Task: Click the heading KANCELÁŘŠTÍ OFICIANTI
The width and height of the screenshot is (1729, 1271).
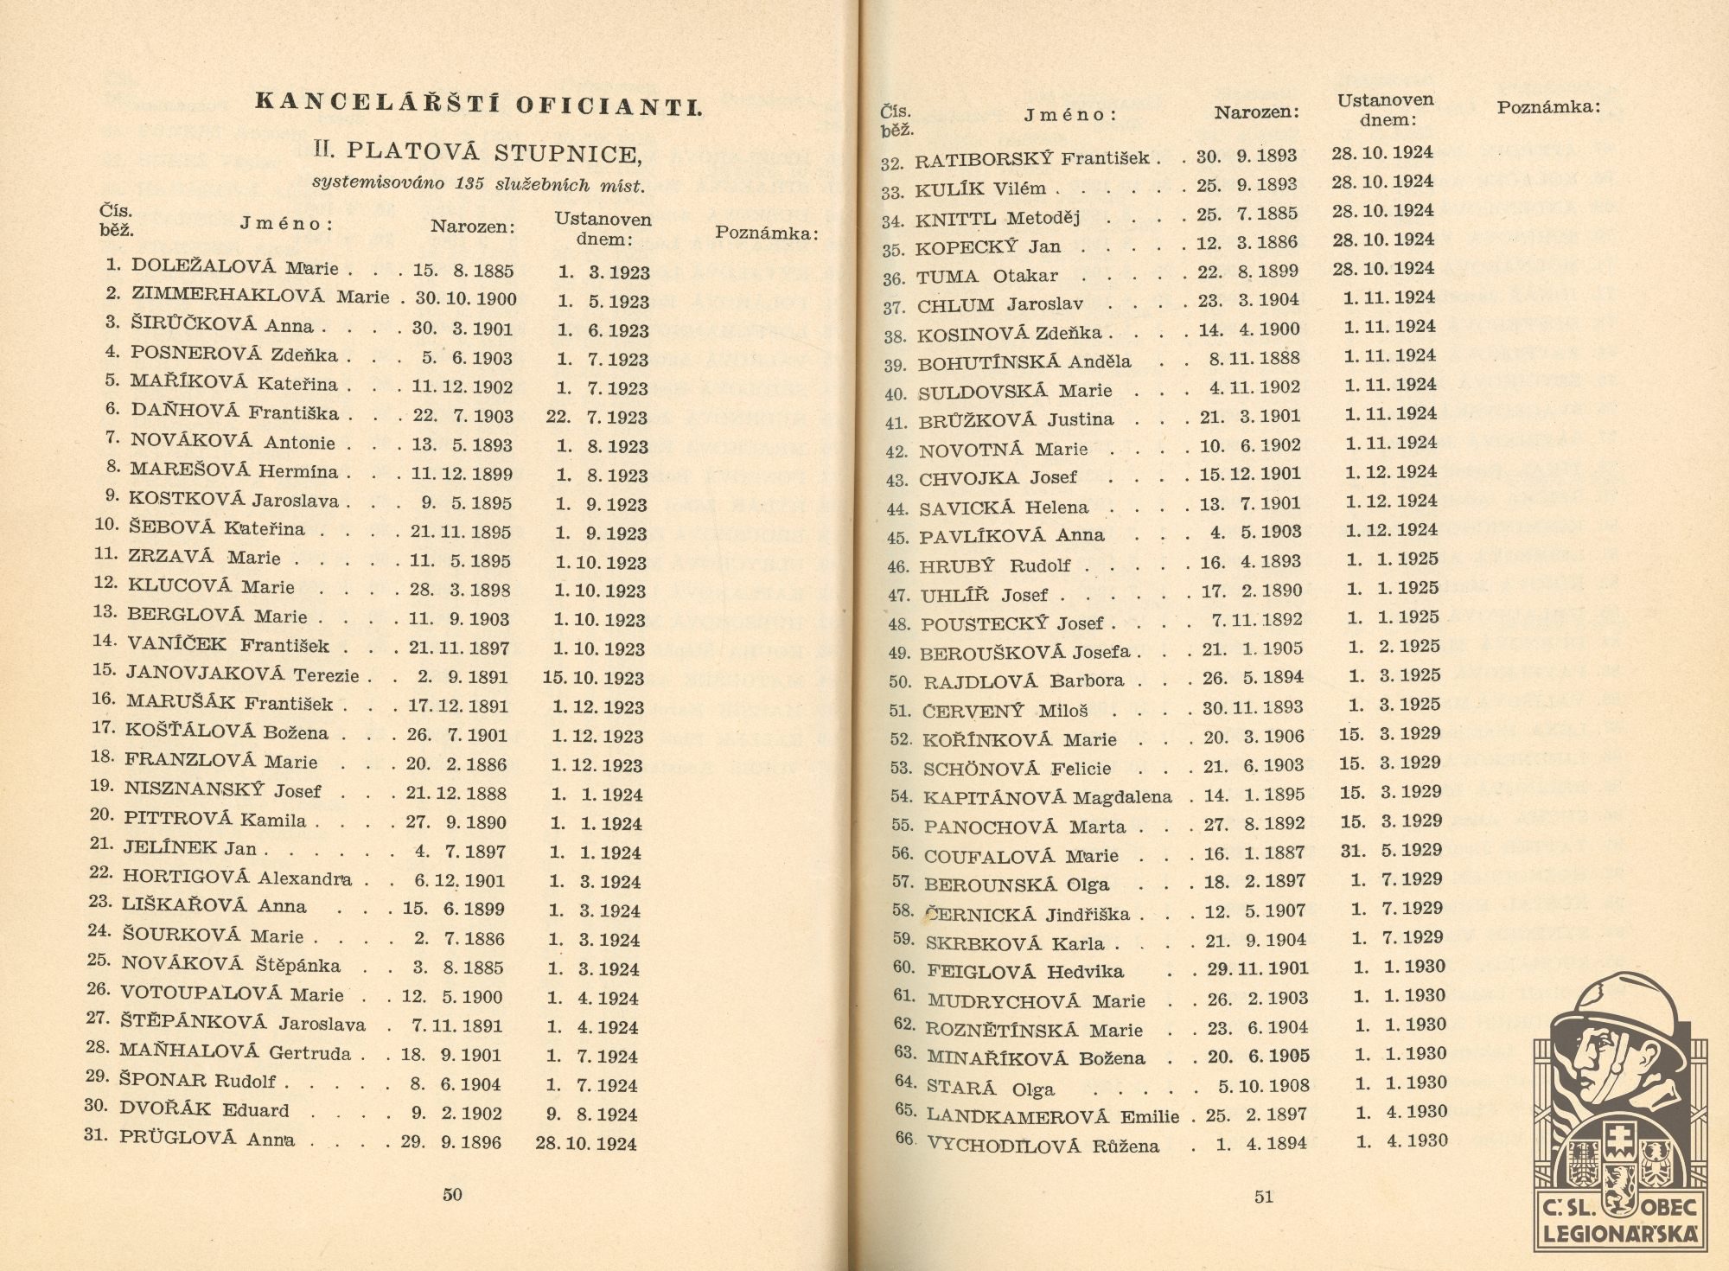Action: pyautogui.click(x=478, y=105)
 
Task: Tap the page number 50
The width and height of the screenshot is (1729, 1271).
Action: pyautogui.click(x=452, y=1194)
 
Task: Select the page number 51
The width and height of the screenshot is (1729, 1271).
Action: pyautogui.click(x=1264, y=1197)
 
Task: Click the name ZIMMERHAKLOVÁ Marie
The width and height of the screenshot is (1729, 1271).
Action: pyautogui.click(x=260, y=296)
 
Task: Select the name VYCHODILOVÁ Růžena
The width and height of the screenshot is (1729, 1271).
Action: pyautogui.click(x=1043, y=1146)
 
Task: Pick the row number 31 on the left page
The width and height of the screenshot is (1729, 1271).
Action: pyautogui.click(x=96, y=1134)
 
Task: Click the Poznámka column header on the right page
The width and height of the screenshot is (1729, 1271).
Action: pyautogui.click(x=1548, y=107)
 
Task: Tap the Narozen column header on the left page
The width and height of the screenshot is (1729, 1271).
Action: pyautogui.click(x=473, y=227)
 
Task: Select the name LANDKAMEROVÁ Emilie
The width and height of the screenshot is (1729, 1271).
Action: pyautogui.click(x=1053, y=1115)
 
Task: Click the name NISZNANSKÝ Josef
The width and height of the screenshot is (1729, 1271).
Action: pyautogui.click(x=222, y=790)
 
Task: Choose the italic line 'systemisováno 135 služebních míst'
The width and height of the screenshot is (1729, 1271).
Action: pyautogui.click(x=478, y=183)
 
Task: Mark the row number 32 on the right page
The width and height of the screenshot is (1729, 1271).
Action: pyautogui.click(x=892, y=163)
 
